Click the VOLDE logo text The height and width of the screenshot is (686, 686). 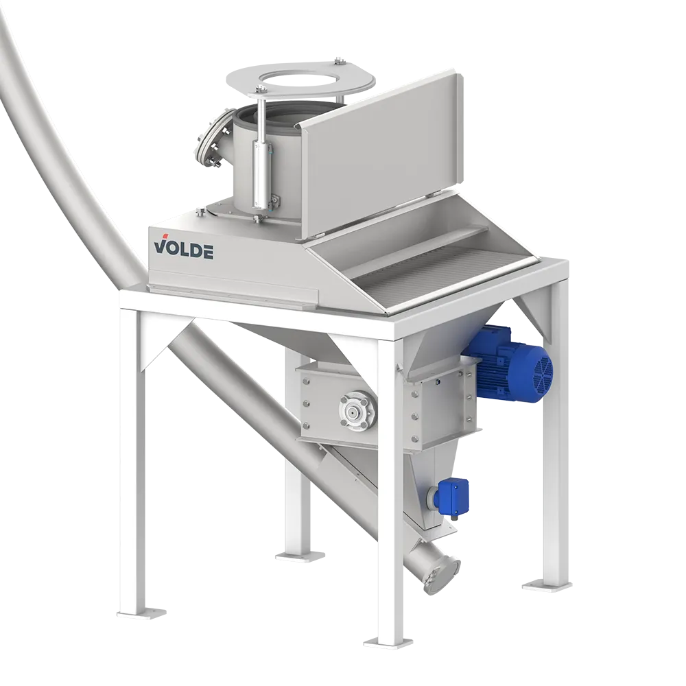click(x=184, y=248)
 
